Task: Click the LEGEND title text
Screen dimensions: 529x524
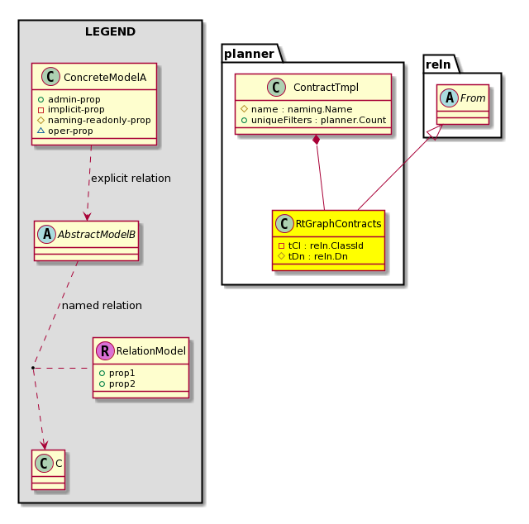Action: (110, 31)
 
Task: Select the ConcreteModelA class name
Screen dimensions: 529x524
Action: (105, 77)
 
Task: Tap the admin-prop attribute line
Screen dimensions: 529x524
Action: (69, 99)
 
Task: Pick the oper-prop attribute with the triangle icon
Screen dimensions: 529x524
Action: (65, 131)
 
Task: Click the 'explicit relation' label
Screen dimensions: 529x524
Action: (131, 179)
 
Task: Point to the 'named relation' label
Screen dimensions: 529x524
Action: (102, 305)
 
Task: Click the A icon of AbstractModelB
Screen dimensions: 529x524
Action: (47, 234)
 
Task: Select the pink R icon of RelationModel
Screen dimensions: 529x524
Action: (105, 351)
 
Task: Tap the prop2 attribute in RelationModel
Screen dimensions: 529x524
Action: (117, 384)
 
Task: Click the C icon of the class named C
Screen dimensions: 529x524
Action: (44, 464)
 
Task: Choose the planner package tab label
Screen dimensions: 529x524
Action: (249, 54)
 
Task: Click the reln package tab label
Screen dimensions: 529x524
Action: (438, 64)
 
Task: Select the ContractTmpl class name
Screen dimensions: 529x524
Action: (326, 88)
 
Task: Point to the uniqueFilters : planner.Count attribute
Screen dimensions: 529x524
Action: (314, 120)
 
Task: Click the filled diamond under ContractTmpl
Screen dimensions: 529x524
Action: (316, 140)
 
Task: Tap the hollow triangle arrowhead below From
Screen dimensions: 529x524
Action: (436, 132)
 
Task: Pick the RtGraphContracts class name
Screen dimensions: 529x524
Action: (338, 224)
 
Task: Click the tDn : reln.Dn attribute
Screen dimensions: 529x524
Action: (312, 256)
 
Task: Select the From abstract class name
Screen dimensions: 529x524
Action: (473, 98)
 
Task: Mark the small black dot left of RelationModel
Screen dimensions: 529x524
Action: (33, 368)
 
